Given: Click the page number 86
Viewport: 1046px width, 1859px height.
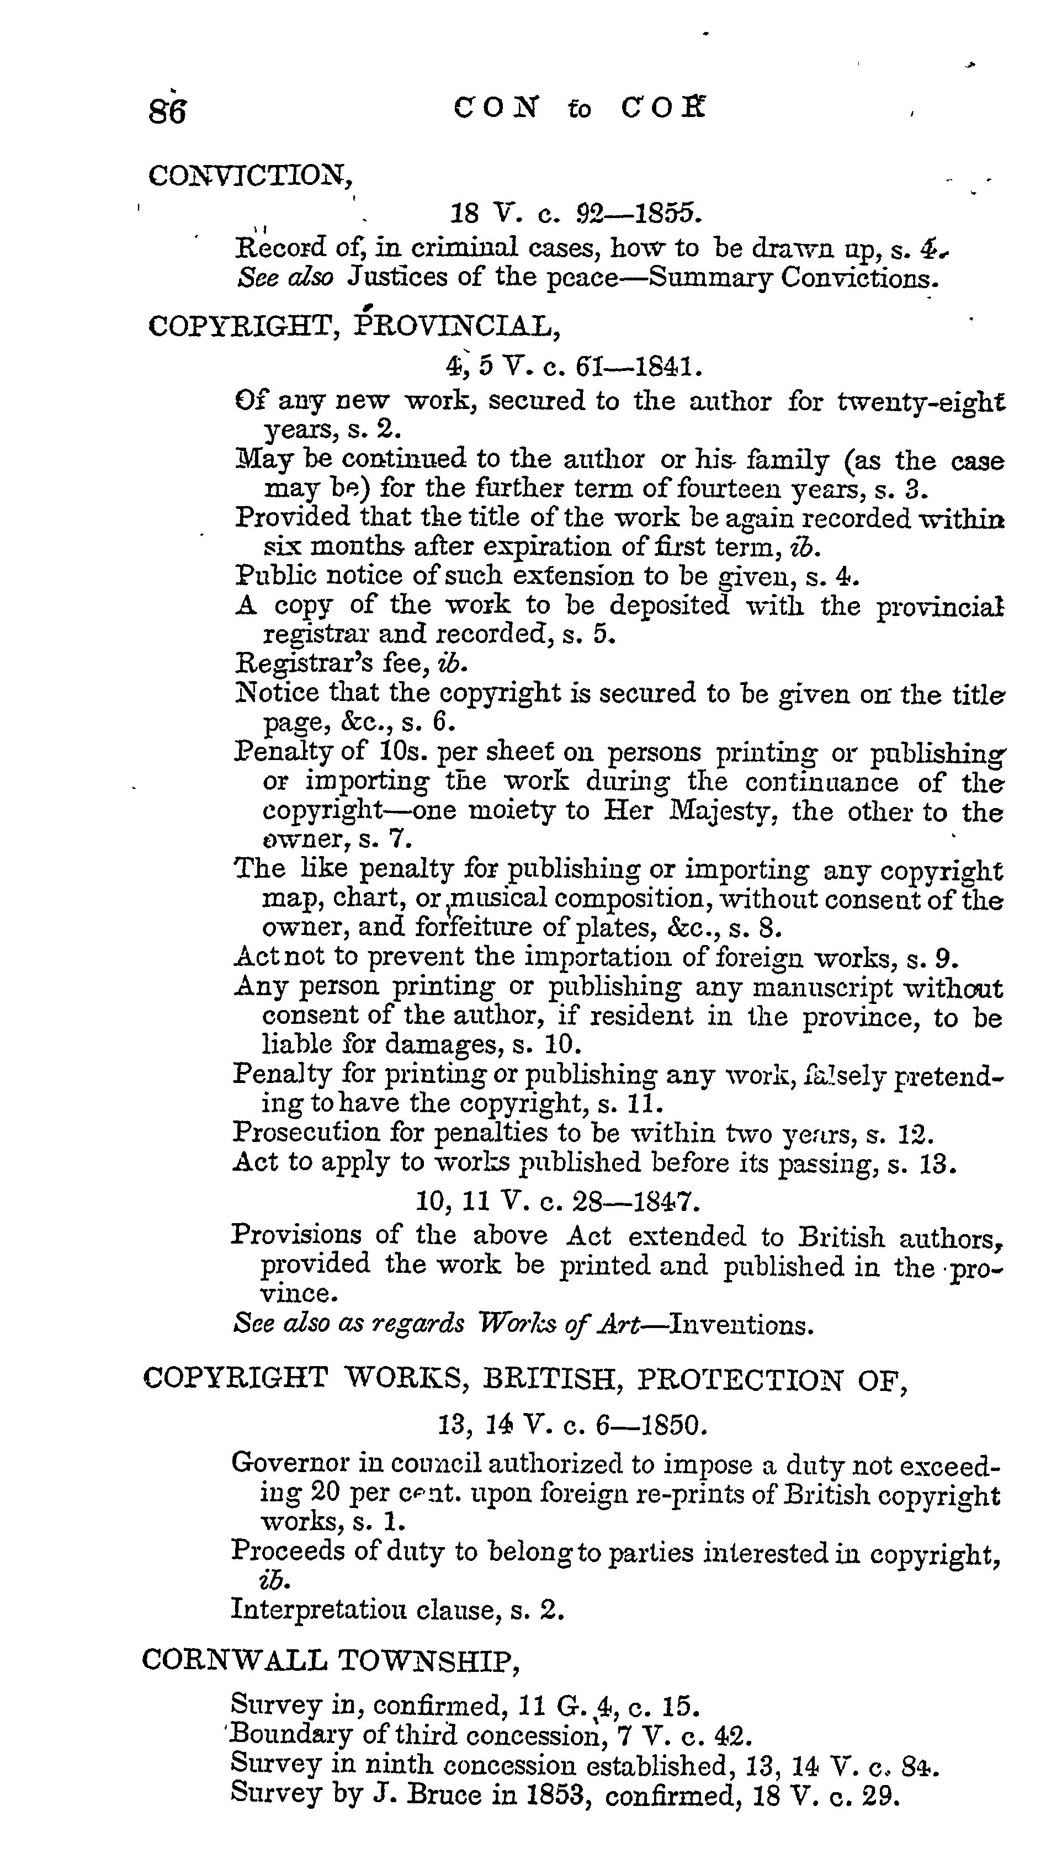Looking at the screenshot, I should [x=167, y=112].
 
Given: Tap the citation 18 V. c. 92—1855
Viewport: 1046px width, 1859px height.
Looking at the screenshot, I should [x=575, y=214].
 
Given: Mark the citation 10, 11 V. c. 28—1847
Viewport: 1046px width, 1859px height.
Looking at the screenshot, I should [x=557, y=1201].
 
